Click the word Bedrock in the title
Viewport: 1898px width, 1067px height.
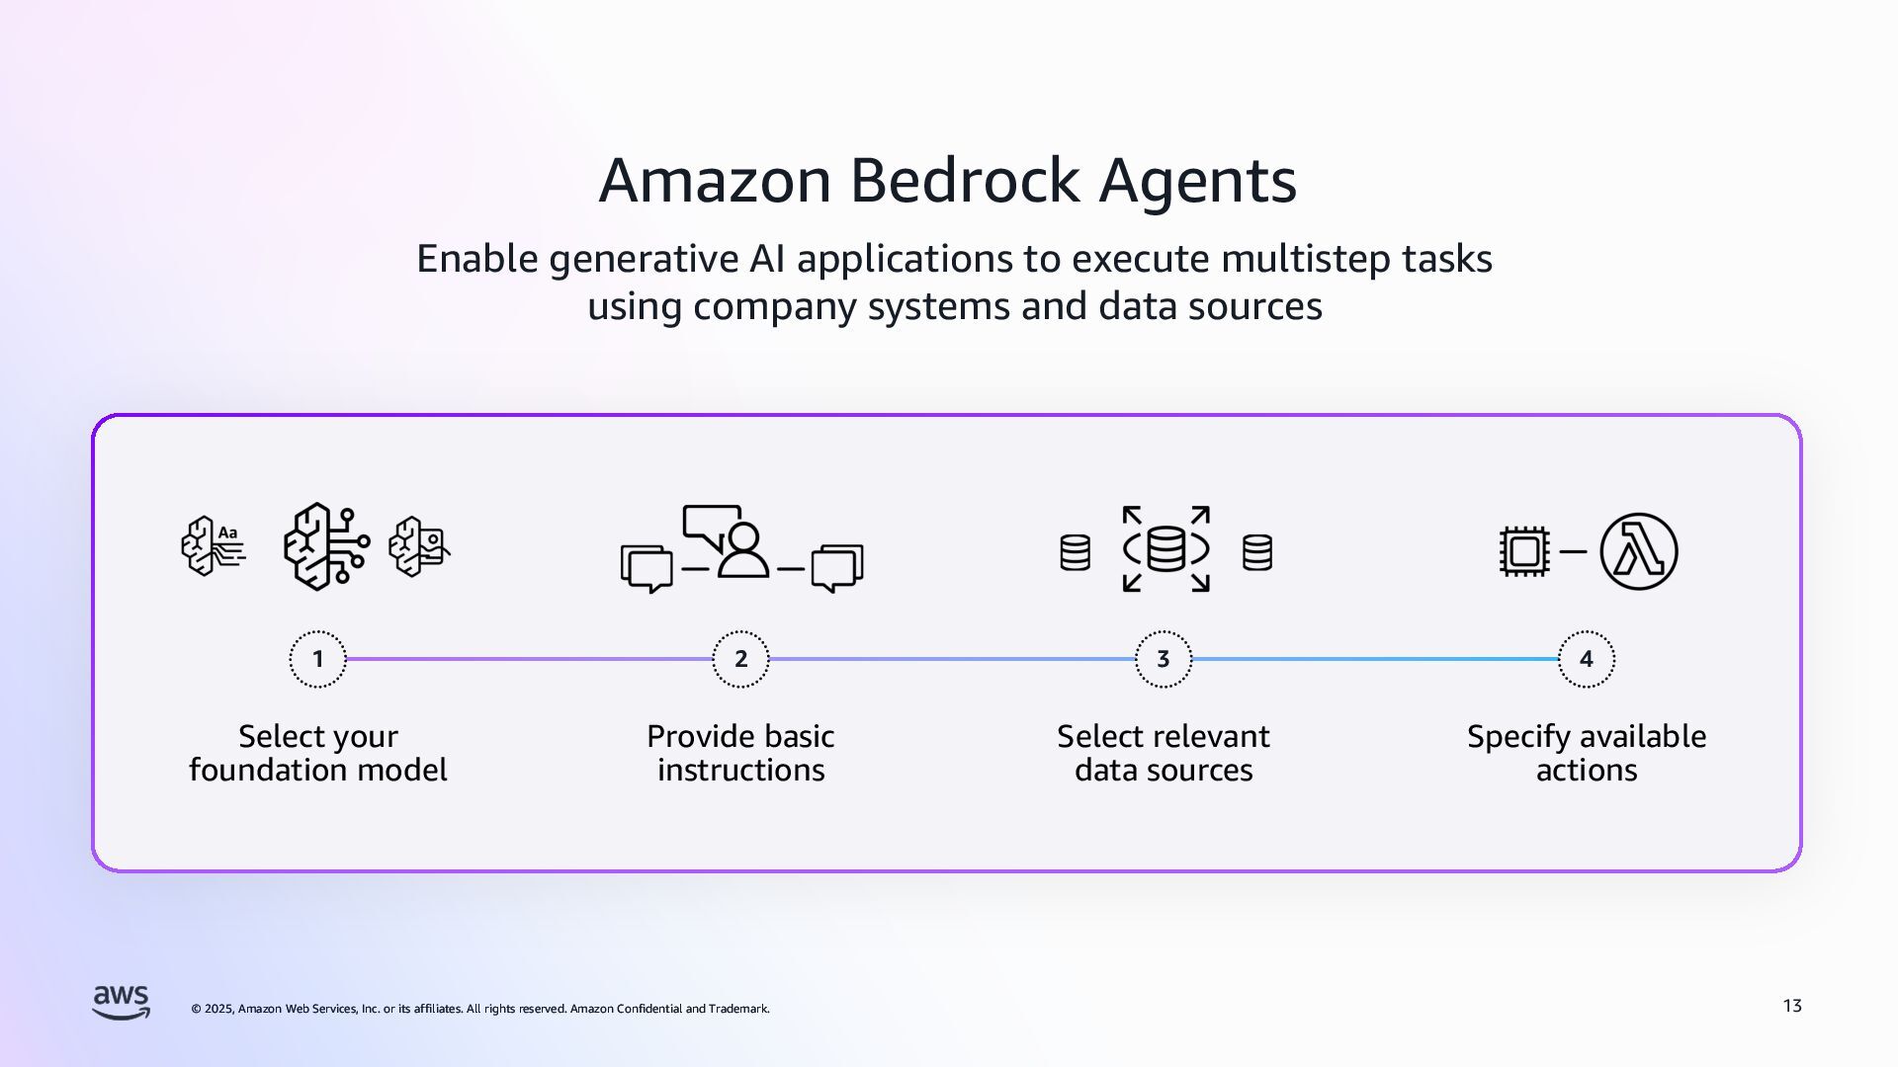(964, 181)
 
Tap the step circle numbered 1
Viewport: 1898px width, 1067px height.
(317, 659)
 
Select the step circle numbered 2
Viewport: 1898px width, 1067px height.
(740, 659)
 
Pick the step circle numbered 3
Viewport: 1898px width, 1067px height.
(1164, 659)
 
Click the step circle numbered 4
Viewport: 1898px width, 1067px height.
(1587, 659)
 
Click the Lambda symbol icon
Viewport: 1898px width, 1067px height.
(1638, 551)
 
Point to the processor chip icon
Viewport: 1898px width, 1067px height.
(1523, 551)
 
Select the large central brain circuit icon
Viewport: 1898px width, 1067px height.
(324, 546)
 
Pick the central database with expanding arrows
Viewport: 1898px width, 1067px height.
(1165, 549)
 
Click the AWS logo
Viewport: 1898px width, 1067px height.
(122, 1002)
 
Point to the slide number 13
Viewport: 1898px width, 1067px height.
(1792, 1006)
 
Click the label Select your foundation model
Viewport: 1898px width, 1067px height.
(317, 753)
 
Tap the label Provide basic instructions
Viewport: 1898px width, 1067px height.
(740, 753)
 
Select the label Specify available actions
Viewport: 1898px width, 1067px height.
(1587, 753)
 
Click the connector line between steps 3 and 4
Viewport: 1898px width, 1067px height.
(1375, 659)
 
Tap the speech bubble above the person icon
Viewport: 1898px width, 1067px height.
(710, 527)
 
